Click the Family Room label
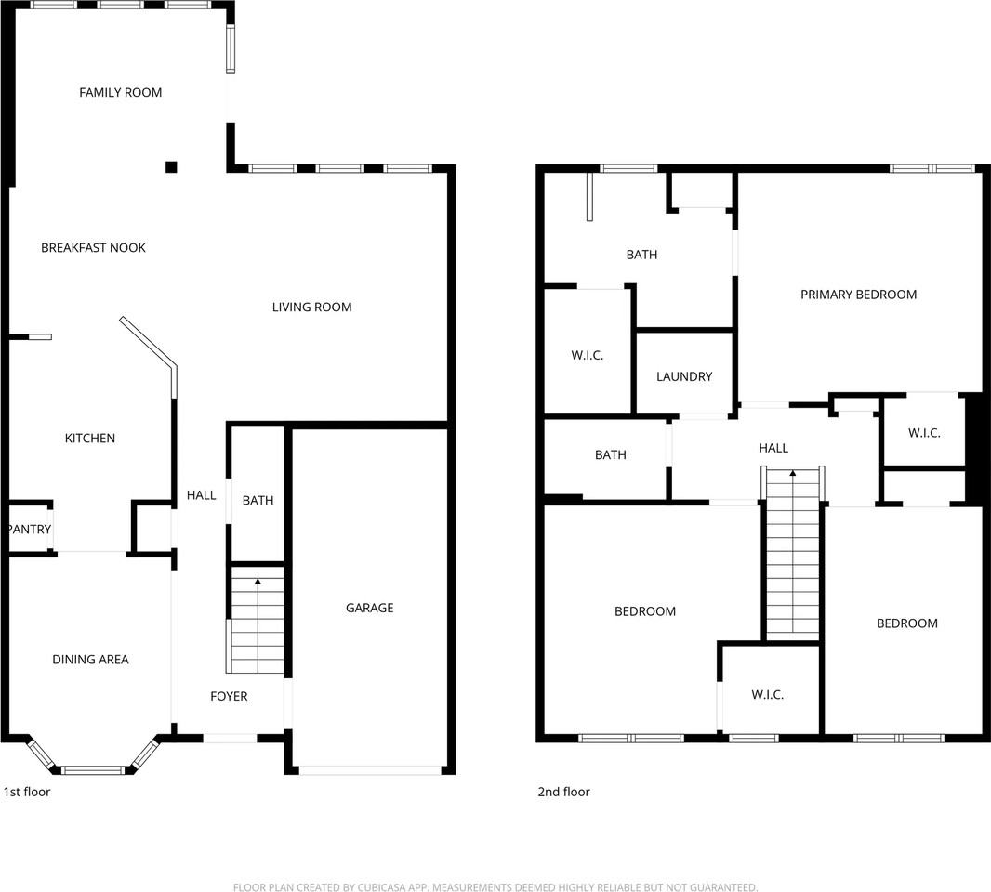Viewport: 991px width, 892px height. (x=120, y=92)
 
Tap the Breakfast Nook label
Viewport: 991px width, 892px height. (x=93, y=248)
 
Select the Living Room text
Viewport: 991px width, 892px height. (x=311, y=308)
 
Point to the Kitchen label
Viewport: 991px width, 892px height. (x=89, y=439)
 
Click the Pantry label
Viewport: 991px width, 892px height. (x=29, y=530)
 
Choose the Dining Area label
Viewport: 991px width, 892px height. (x=90, y=660)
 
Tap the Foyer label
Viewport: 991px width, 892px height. (x=229, y=696)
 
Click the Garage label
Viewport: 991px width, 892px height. (x=369, y=608)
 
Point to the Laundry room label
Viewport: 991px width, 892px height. (x=683, y=376)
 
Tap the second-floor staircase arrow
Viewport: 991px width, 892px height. (x=793, y=474)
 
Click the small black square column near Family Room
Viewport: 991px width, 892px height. (x=171, y=167)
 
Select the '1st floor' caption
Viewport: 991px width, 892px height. (x=27, y=793)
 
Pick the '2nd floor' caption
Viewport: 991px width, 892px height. (x=563, y=793)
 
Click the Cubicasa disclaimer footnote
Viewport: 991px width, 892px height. (x=495, y=887)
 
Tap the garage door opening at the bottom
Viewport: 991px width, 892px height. (x=370, y=770)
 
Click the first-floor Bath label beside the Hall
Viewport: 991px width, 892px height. (x=258, y=501)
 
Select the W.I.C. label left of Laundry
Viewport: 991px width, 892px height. (x=587, y=355)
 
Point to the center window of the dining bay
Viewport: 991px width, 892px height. (x=92, y=769)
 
